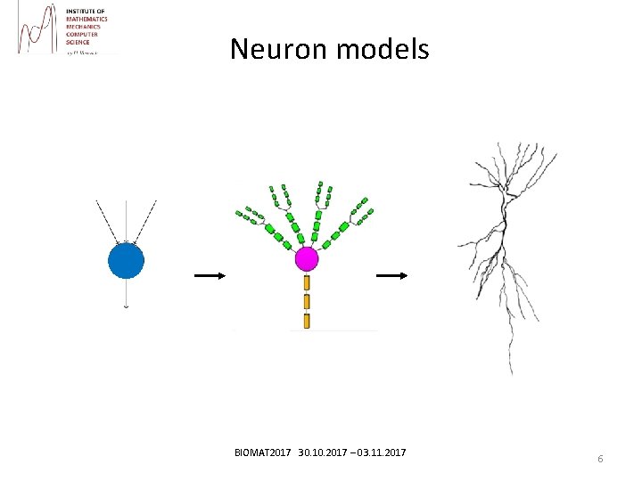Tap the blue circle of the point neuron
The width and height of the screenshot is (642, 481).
(x=126, y=261)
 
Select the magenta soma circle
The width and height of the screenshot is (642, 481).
(x=307, y=259)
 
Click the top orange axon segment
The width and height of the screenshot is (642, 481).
(x=307, y=282)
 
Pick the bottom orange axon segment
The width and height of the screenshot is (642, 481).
(x=307, y=321)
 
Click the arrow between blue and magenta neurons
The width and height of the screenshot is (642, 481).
(x=210, y=276)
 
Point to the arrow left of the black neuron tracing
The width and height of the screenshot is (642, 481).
(x=391, y=276)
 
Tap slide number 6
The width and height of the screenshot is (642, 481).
(x=600, y=459)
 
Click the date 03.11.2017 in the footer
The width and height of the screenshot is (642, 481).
(x=381, y=453)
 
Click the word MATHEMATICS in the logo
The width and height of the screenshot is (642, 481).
(x=86, y=19)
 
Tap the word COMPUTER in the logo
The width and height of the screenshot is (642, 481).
(x=83, y=34)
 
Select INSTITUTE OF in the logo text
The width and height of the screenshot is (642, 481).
(x=85, y=11)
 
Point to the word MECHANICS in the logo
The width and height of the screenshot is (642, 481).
(x=83, y=27)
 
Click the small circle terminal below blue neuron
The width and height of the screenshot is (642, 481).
(x=126, y=306)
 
